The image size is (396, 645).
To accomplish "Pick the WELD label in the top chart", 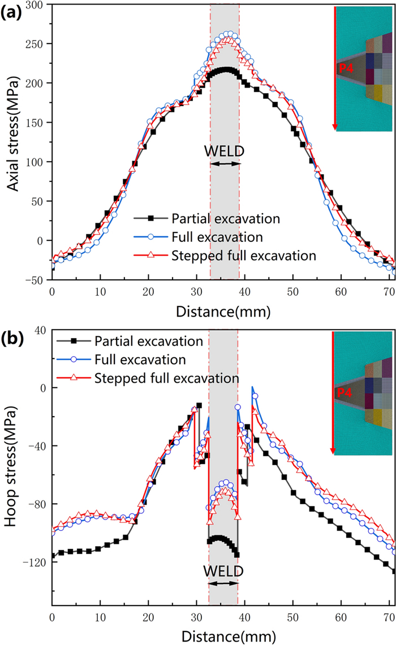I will (x=225, y=151).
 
